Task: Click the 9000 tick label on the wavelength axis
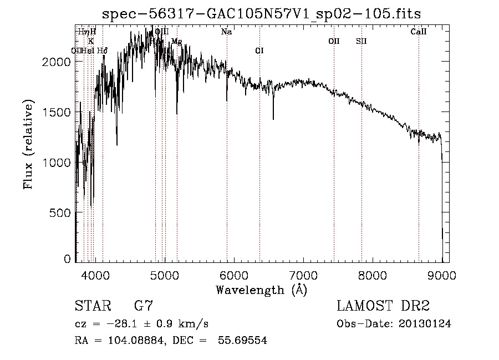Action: click(x=441, y=275)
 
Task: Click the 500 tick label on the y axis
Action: click(x=60, y=213)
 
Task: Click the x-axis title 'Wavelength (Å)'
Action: click(x=261, y=290)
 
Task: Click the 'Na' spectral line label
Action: click(x=226, y=32)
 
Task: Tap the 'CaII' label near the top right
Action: click(x=419, y=32)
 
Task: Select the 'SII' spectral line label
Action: click(x=361, y=41)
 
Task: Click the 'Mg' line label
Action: click(x=176, y=41)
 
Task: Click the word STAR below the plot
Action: click(x=91, y=306)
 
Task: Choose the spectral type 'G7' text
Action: click(x=144, y=306)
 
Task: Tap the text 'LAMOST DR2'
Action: click(x=383, y=306)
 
